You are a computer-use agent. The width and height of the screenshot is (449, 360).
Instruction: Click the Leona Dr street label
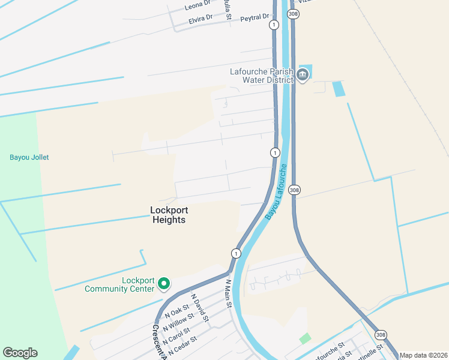coord(198,6)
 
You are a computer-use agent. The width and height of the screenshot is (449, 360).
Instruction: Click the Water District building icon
coord(303,75)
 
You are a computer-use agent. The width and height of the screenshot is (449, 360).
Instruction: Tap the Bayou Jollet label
coord(29,157)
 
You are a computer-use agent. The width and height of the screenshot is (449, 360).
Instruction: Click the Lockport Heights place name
coord(168,215)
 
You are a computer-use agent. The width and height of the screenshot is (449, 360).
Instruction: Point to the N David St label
coord(199,307)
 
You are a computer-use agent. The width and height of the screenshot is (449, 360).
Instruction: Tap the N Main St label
coord(228,293)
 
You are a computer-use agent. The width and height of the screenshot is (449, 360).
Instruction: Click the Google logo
coord(20,353)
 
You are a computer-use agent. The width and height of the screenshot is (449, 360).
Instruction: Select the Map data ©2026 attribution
coord(424,355)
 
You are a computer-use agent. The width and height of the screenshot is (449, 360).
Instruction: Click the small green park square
coord(306,338)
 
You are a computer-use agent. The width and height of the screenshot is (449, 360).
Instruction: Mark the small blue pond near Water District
coord(339,89)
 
